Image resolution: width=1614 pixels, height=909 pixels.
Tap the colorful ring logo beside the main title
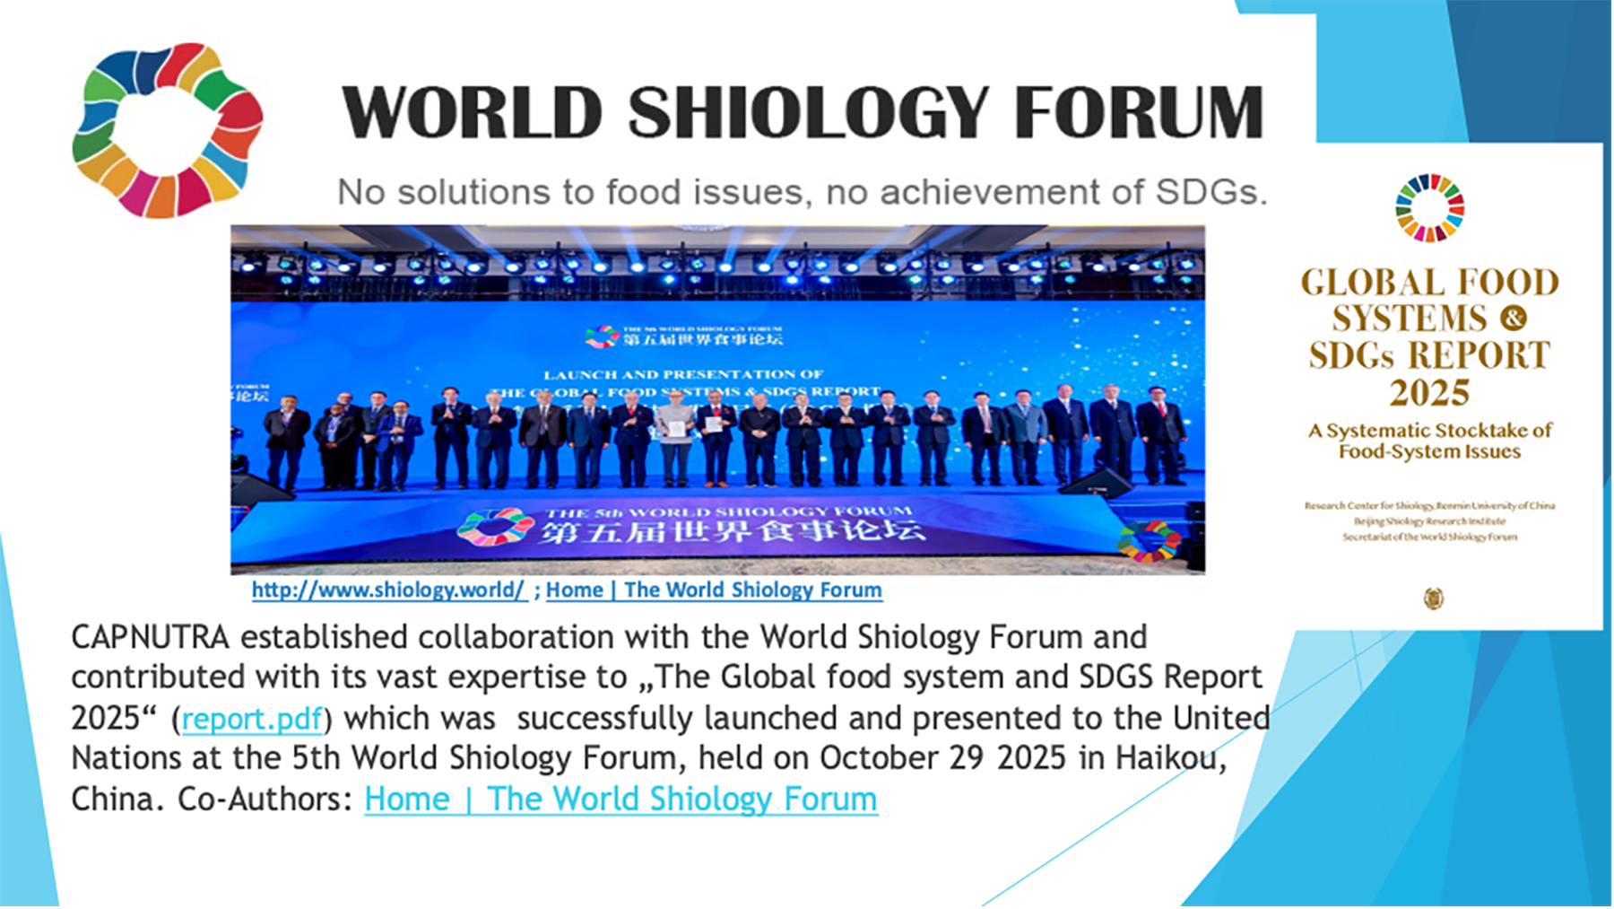click(168, 130)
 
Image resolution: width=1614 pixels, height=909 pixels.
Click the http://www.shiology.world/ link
click(388, 590)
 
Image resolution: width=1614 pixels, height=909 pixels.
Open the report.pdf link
click(252, 719)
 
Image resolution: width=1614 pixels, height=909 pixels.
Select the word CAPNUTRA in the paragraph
click(150, 637)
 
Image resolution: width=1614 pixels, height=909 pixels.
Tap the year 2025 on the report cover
click(1429, 393)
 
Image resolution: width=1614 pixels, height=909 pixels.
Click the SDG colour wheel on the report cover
click(1429, 208)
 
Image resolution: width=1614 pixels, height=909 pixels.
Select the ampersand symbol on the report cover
click(1513, 319)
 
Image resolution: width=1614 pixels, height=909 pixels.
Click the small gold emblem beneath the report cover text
click(1434, 599)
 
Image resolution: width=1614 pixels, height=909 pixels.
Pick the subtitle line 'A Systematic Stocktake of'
click(1429, 431)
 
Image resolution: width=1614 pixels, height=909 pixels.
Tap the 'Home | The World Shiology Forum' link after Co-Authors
click(620, 800)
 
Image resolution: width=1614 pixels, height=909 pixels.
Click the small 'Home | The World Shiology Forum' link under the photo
click(714, 590)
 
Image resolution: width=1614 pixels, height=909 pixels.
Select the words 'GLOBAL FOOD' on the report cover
click(1429, 283)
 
